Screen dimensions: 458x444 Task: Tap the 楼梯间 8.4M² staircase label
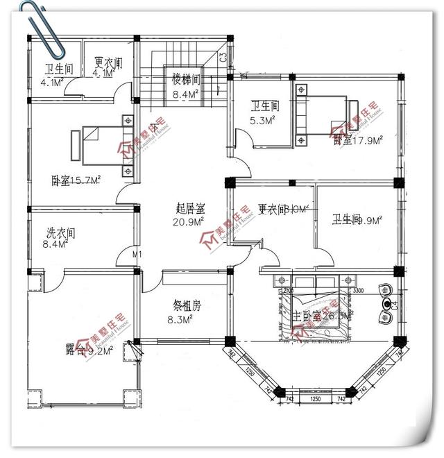[186, 86]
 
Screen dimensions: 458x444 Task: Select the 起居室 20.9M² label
[189, 214]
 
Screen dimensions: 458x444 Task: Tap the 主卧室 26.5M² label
[323, 316]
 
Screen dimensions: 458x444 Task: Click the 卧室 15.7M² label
[76, 180]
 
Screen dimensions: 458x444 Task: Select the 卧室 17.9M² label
[359, 141]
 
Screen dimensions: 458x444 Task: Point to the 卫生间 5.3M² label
[264, 112]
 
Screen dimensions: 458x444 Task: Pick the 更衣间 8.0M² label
[282, 210]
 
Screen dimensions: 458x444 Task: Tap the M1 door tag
[137, 255]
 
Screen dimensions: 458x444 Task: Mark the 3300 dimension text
[358, 291]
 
